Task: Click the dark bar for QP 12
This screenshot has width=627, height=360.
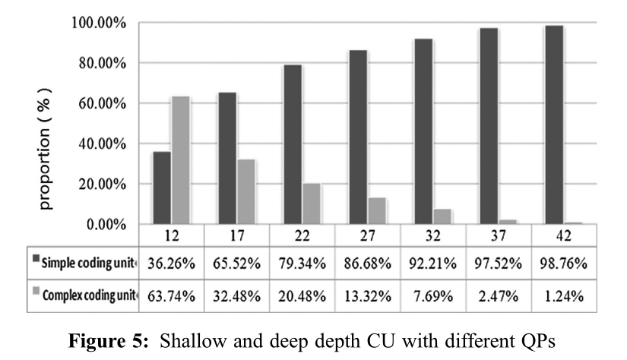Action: click(x=161, y=188)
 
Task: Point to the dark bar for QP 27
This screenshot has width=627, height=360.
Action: click(x=358, y=137)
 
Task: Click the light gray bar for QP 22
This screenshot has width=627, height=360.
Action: click(x=311, y=204)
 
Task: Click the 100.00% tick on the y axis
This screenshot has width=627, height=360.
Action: click(x=98, y=23)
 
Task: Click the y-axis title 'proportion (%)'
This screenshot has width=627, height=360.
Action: click(x=48, y=150)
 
